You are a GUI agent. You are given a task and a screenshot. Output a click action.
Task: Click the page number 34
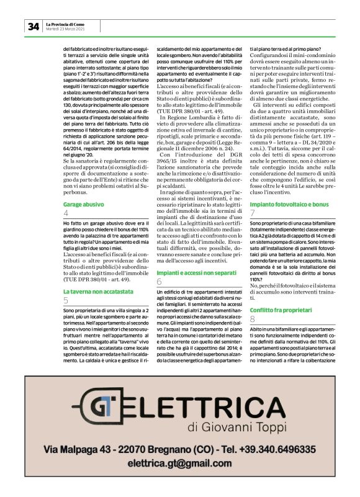point(33,26)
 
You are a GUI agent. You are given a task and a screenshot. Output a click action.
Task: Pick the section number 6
point(159,282)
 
